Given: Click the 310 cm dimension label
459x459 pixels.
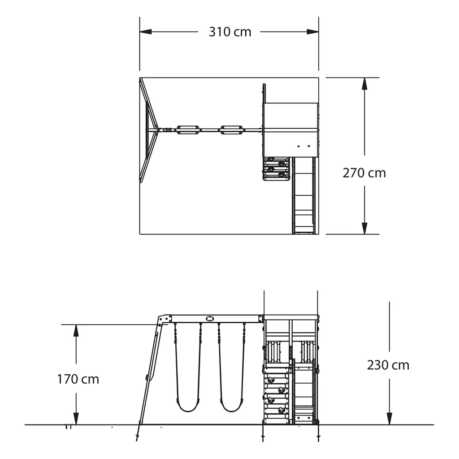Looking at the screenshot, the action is (x=230, y=32).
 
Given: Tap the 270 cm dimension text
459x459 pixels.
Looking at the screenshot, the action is (x=364, y=173).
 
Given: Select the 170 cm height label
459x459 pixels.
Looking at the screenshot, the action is (x=78, y=379).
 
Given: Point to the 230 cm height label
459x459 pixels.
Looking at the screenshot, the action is (x=388, y=365).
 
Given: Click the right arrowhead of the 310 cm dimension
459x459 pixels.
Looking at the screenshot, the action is (x=312, y=32).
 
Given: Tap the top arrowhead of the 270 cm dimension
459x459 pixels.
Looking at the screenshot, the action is (x=364, y=83).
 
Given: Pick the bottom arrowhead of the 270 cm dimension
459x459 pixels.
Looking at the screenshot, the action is (x=364, y=228).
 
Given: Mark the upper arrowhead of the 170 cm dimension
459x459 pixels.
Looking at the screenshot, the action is (x=76, y=330).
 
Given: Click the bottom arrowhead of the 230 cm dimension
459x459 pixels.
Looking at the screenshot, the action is (x=390, y=419).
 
